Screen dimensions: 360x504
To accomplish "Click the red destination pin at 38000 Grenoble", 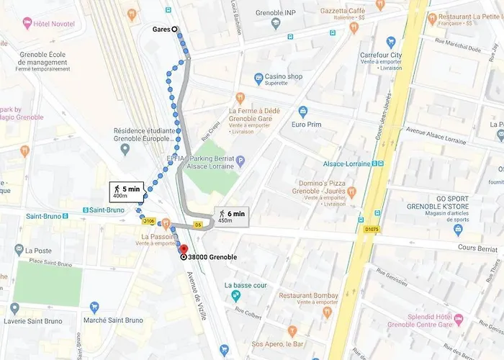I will [x=184, y=249].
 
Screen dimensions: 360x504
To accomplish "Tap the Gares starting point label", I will [x=161, y=30].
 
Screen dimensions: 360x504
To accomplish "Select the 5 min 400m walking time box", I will [x=127, y=192].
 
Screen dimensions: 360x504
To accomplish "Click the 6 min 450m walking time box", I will [x=231, y=216].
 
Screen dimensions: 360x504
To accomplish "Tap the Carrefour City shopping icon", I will [x=391, y=42].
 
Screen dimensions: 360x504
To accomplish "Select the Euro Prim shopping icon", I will [x=302, y=112].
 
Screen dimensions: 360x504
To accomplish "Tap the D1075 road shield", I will [x=371, y=230].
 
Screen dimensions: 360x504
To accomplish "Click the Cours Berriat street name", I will [x=477, y=248].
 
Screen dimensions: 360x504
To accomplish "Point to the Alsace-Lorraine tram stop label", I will [x=346, y=163].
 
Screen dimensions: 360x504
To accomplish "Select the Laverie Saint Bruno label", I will [x=35, y=321].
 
